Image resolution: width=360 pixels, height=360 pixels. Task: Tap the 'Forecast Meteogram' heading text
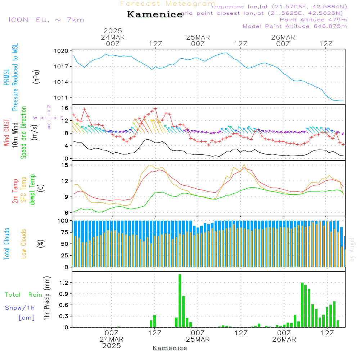point(168,4)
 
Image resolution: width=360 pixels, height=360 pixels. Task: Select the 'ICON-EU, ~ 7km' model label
point(46,20)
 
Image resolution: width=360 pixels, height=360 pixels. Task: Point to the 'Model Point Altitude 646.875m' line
point(295,26)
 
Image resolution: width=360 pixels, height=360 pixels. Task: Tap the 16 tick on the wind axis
point(65,108)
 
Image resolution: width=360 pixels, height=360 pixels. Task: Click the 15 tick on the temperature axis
point(65,165)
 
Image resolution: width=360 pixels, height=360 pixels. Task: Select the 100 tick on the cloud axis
point(63,221)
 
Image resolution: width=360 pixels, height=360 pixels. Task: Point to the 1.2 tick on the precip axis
point(63,283)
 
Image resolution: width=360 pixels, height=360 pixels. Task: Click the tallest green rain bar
point(180,301)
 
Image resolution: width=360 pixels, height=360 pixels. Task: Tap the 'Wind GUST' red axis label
point(7,134)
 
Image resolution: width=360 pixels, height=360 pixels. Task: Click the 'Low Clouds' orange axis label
point(24,244)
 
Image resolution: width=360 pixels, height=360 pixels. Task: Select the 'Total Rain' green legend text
point(24,295)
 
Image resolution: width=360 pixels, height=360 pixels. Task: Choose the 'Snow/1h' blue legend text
point(20,308)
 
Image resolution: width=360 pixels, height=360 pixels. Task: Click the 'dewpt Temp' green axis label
point(33,190)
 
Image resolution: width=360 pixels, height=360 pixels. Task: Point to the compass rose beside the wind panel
point(49,117)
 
